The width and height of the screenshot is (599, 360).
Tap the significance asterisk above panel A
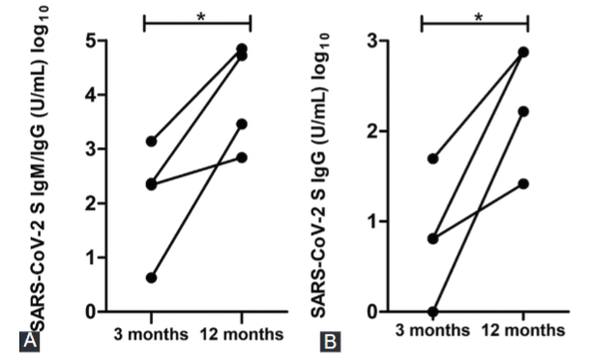(198, 15)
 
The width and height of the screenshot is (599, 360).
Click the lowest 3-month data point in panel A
(151, 278)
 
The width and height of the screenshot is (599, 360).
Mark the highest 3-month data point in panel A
(151, 141)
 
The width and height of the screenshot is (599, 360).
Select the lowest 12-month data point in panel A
(242, 158)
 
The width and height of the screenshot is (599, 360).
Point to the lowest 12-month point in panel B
(524, 183)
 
